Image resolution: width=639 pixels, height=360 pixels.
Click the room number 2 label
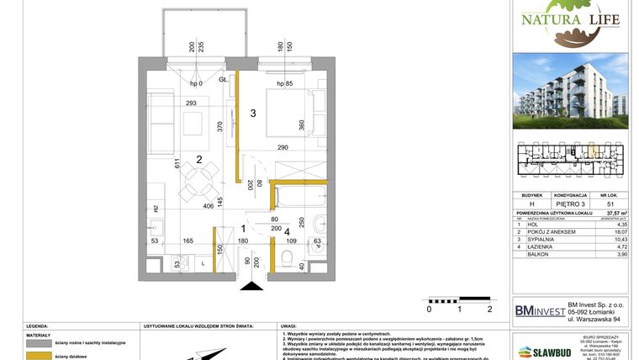[198, 159]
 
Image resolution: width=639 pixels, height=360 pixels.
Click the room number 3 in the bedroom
[251, 112]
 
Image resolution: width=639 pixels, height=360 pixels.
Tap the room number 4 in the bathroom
[286, 230]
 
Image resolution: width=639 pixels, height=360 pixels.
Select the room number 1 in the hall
[242, 228]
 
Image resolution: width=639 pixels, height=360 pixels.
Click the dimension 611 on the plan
[177, 164]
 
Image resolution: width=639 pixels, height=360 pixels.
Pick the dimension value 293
[191, 103]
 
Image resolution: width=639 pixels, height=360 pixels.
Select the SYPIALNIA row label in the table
[541, 241]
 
